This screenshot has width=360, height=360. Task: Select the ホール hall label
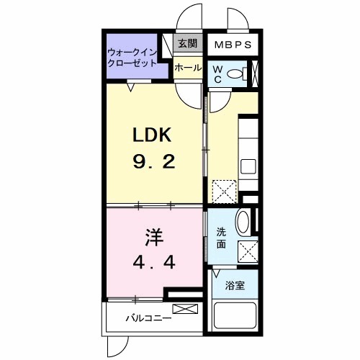click(188, 68)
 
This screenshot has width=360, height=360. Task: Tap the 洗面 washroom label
click(222, 238)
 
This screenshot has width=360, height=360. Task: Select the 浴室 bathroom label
click(235, 286)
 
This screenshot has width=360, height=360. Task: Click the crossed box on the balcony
click(184, 310)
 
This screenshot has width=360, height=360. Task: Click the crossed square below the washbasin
click(248, 253)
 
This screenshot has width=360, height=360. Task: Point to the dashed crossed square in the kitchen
click(224, 191)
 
